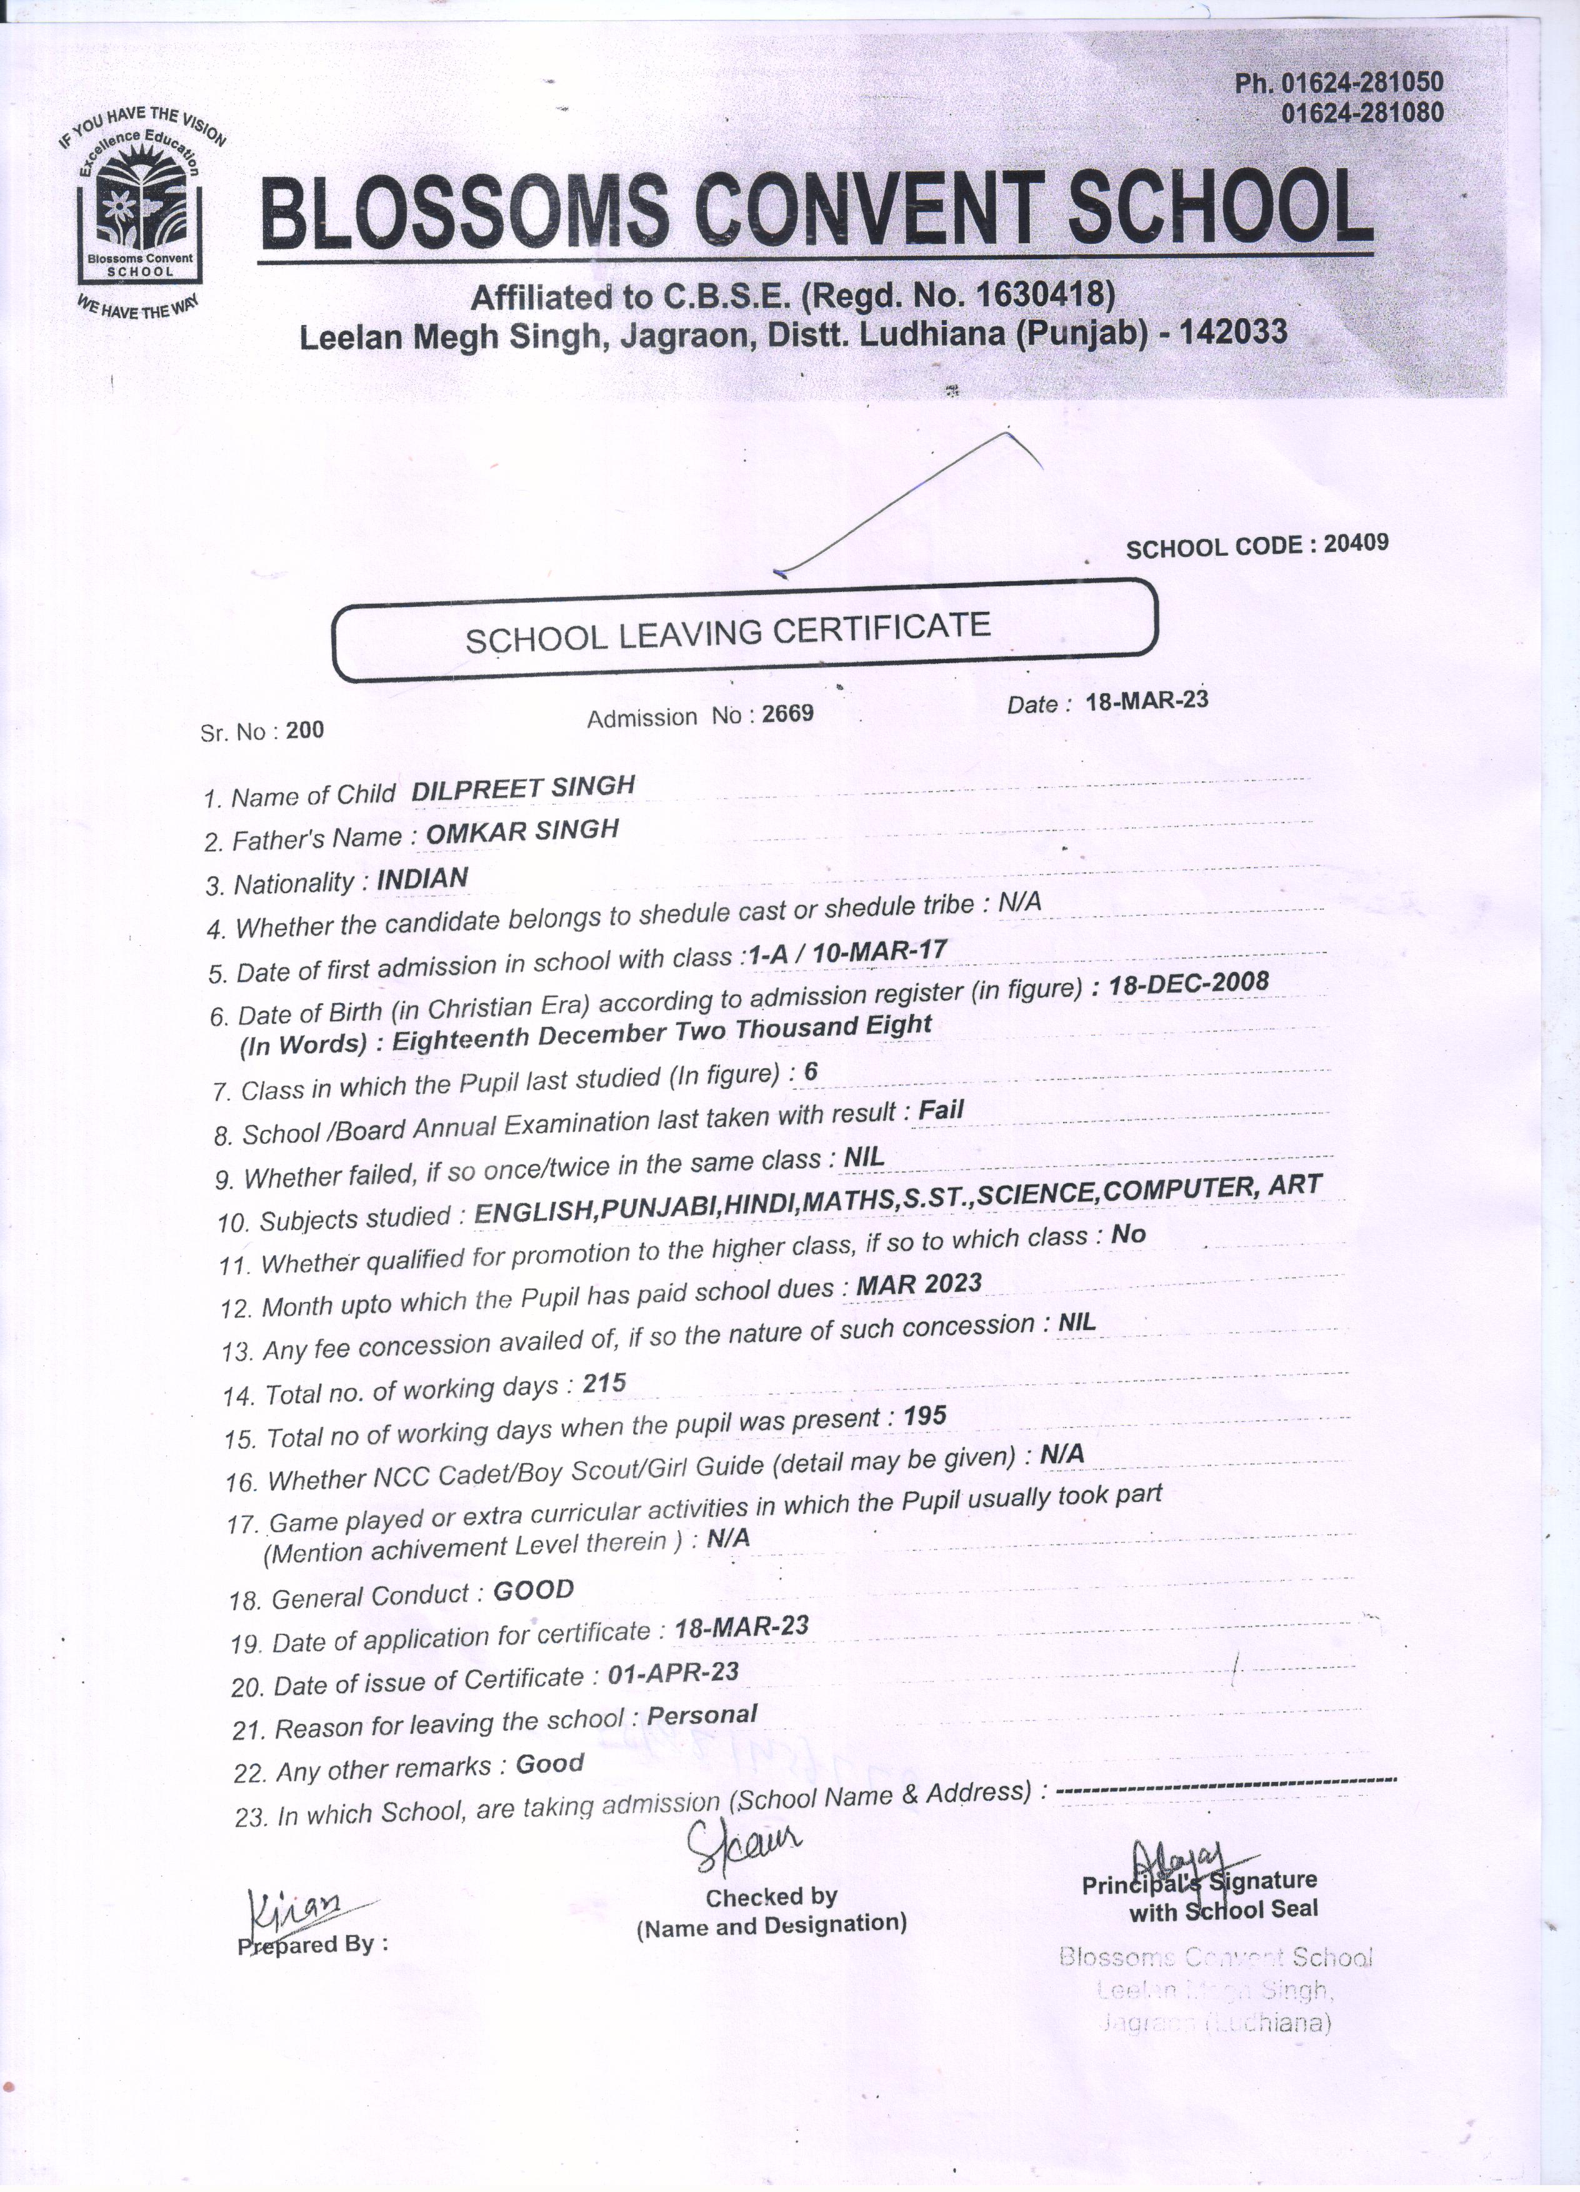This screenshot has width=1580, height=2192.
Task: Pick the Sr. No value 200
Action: (x=306, y=729)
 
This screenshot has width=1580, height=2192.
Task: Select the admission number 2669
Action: (x=787, y=713)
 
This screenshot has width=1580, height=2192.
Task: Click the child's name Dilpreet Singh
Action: (x=522, y=788)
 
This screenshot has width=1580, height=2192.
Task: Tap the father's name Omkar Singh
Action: (x=522, y=832)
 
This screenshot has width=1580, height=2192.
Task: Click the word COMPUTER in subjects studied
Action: (x=1175, y=1191)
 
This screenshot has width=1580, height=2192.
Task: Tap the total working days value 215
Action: (x=604, y=1384)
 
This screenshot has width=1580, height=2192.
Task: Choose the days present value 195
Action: (x=925, y=1416)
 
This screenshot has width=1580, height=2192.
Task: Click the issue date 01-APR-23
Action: (x=674, y=1673)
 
